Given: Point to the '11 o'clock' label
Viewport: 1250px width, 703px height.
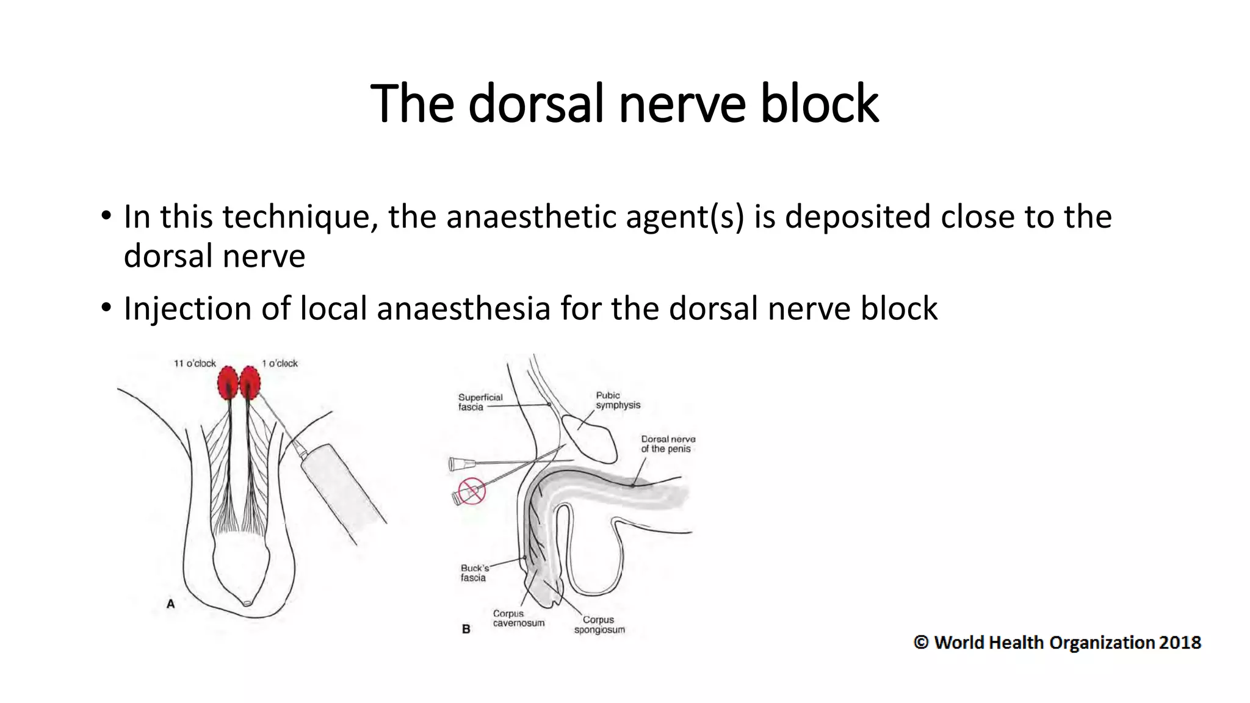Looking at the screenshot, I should coord(195,364).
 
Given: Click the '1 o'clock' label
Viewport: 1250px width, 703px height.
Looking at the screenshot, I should coord(280,364).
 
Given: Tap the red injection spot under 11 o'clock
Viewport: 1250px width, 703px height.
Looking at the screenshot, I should coord(228,383).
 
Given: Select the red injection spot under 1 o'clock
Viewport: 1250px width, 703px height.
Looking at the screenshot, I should coord(250,382).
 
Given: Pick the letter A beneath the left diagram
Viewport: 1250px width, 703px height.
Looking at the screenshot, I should coord(171,604).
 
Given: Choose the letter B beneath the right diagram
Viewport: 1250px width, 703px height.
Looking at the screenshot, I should coord(466,629).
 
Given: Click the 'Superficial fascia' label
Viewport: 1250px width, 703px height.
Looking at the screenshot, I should coord(480,402).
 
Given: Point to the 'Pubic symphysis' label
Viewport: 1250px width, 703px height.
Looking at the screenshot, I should coord(618,400).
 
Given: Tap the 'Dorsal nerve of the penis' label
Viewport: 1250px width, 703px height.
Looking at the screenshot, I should coord(668,444).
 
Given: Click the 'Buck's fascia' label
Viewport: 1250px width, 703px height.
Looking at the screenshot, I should coord(474,573).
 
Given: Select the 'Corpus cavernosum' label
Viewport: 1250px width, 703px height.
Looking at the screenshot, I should coord(518,618).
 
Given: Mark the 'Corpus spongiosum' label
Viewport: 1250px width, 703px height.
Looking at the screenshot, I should coord(599,625).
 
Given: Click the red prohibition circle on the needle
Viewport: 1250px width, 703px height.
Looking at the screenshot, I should coord(471,491).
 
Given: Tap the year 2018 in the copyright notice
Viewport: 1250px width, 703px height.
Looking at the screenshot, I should coord(1180,643).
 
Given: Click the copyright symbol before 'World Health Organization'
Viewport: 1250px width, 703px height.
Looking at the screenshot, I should coord(921,643).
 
